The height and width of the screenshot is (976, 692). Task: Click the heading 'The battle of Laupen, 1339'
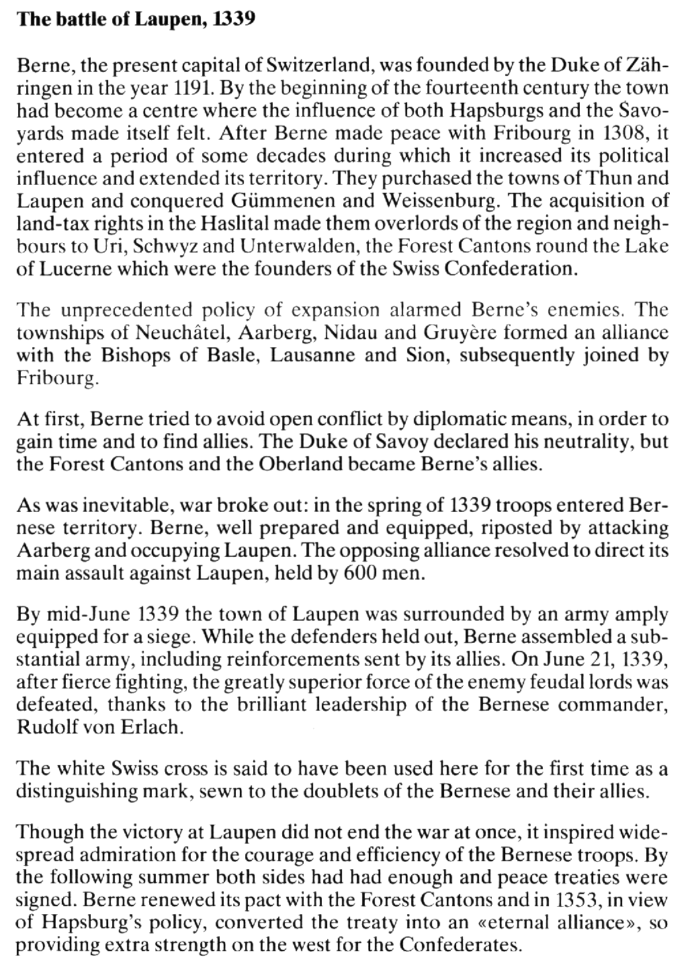pos(137,19)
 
